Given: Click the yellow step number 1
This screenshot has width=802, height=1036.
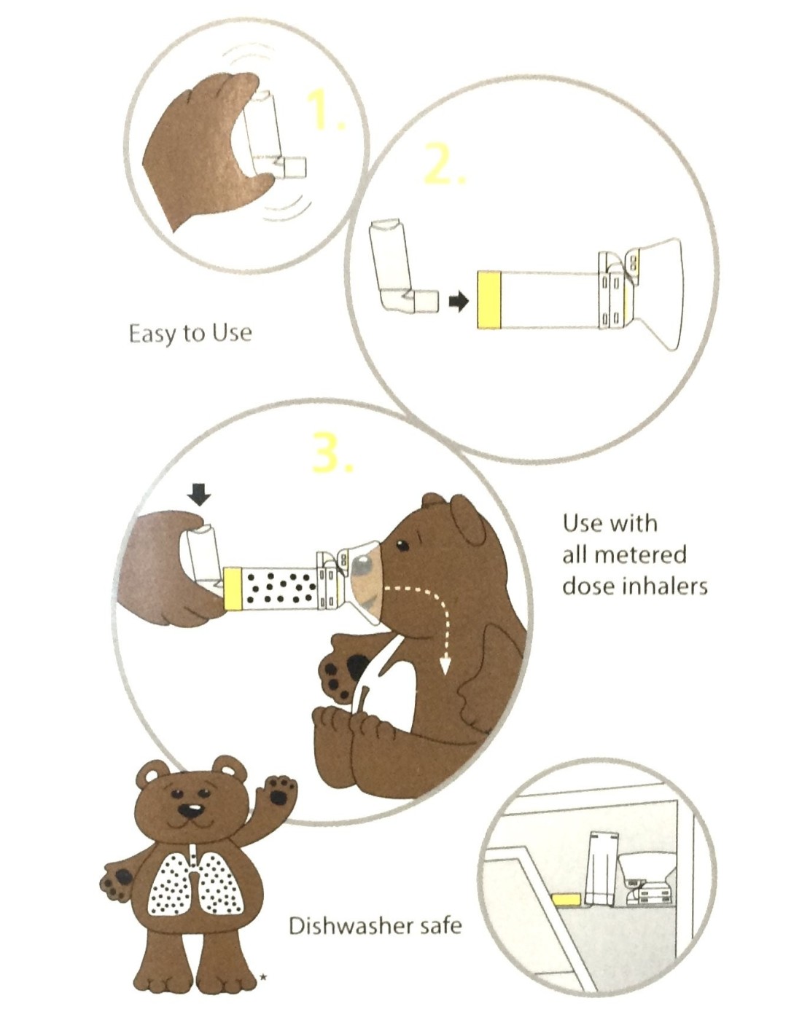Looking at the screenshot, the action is [324, 110].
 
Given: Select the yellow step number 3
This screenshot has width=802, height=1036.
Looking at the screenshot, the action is [332, 451].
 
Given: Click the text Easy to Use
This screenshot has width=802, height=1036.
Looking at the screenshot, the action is [190, 333].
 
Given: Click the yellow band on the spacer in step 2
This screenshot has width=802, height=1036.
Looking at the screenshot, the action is [488, 299].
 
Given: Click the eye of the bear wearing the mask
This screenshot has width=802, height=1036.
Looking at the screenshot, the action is [402, 545].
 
